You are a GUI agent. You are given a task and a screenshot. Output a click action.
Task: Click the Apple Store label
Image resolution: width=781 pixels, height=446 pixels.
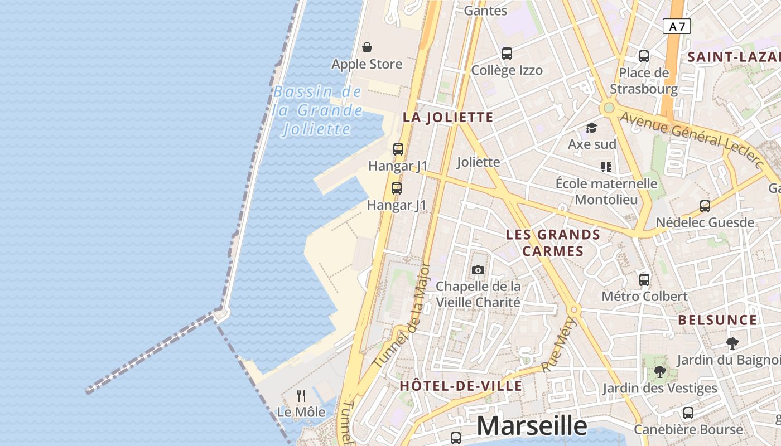(x=367, y=64)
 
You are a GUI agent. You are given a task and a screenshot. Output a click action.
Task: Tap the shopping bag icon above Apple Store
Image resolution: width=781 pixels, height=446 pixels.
(x=367, y=47)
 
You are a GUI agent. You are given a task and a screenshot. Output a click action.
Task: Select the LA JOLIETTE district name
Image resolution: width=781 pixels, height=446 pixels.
(x=448, y=117)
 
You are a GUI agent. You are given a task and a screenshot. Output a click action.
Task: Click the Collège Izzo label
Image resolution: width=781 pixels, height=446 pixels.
(x=507, y=70)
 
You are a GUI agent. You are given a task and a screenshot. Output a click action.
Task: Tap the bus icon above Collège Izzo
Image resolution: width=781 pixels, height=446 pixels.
(x=507, y=54)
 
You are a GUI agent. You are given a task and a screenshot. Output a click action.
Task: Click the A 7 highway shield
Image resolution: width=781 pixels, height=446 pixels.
(x=677, y=26)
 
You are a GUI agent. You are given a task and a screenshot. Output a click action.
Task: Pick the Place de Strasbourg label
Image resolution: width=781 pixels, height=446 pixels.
(x=644, y=81)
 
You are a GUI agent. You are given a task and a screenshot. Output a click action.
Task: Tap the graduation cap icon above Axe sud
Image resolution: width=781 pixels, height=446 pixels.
(x=591, y=128)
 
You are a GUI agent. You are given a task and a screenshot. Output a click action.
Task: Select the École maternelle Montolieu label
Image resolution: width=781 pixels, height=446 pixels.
(x=606, y=191)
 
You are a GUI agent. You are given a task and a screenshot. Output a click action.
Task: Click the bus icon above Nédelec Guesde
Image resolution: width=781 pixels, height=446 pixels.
(x=705, y=206)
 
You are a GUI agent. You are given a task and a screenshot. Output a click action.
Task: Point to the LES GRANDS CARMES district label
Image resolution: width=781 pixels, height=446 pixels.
(x=553, y=243)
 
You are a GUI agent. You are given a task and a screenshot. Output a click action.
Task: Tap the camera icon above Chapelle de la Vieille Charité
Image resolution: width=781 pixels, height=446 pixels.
(x=478, y=270)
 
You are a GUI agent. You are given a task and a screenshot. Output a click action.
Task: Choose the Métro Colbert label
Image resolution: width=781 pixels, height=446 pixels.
(x=644, y=296)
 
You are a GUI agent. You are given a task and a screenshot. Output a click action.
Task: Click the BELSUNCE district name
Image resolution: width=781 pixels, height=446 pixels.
(x=717, y=320)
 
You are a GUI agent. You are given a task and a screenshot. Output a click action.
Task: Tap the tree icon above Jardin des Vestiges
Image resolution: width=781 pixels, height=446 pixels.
(x=660, y=371)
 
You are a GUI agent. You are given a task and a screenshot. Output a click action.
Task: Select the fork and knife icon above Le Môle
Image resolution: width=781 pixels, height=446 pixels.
(x=301, y=396)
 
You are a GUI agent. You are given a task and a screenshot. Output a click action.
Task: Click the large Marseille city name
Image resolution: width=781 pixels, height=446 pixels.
(x=531, y=426)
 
